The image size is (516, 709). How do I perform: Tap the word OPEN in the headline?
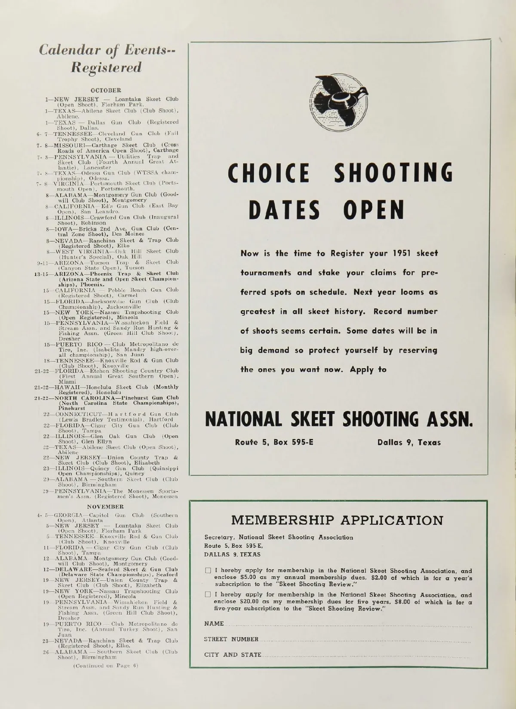point(374,209)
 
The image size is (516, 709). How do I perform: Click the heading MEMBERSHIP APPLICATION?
point(338,521)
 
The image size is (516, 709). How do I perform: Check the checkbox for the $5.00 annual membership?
point(208,571)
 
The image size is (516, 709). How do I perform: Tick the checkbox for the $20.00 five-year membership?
point(208,595)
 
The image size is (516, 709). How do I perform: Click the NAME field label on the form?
point(214,624)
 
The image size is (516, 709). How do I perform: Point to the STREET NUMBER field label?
point(231,639)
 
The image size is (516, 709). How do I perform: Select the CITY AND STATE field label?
point(233,655)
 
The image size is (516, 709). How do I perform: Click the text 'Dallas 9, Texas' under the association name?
point(409,442)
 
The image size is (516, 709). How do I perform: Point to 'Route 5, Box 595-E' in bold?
point(274,442)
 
